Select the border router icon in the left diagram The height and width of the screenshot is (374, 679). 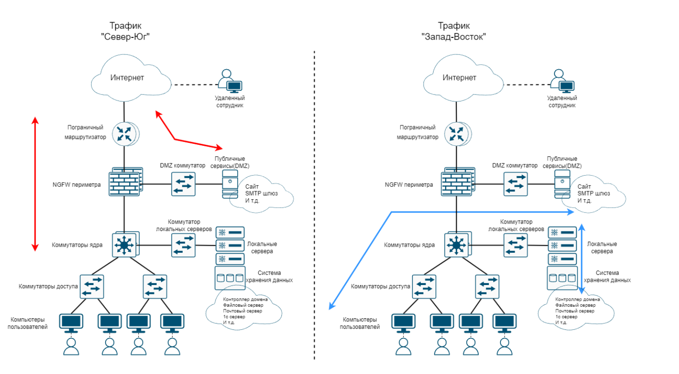coord(125,134)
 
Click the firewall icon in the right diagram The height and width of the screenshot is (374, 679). coord(457,183)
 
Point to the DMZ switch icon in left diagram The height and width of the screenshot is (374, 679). coord(183,184)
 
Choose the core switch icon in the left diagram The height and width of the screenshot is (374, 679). coord(124,244)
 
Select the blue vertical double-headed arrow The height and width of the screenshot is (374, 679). coord(582,259)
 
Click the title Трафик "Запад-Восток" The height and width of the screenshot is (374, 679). coord(454,31)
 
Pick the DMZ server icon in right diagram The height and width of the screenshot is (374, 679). coord(561,183)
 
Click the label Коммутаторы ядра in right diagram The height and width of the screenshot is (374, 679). coord(409,245)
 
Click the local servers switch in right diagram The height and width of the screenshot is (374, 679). coord(515,244)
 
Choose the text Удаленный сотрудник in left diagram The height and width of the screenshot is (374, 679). coord(229,101)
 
